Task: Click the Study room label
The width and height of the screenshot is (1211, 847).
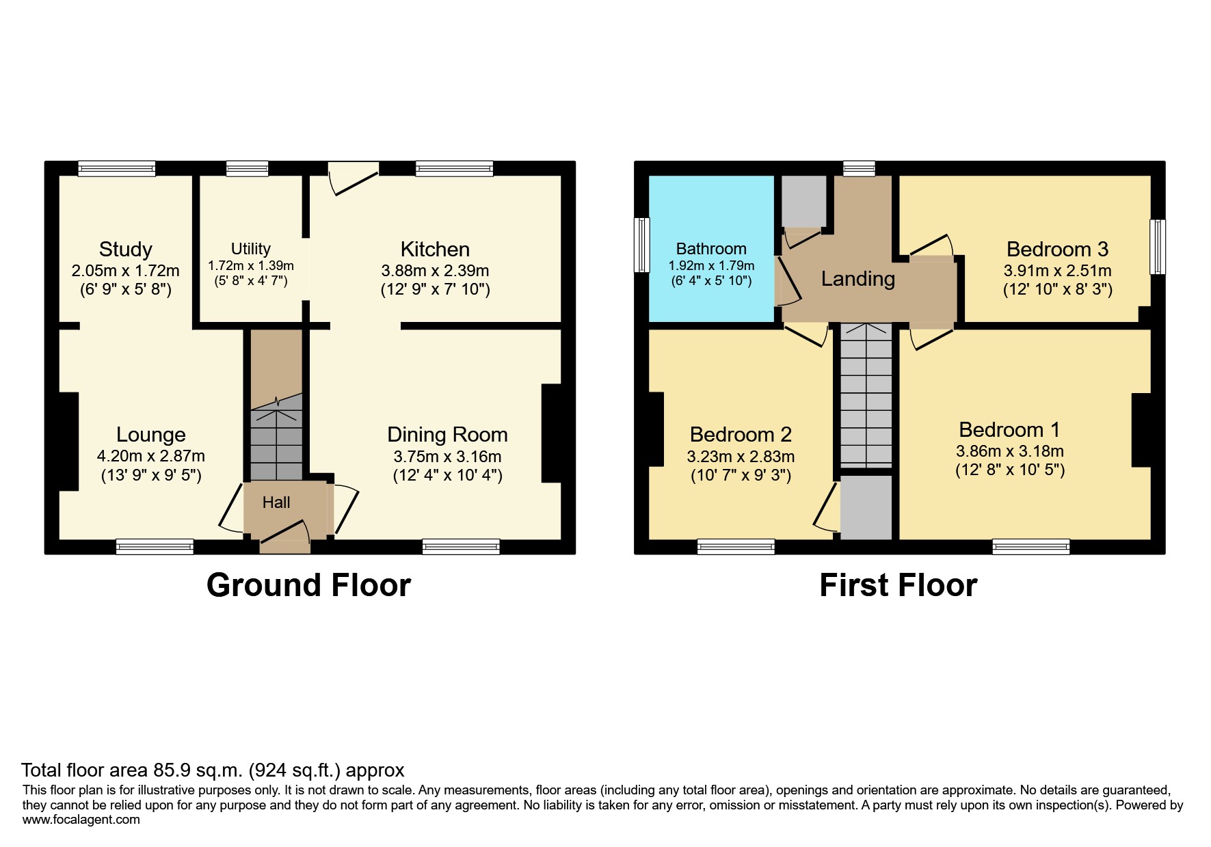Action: pyautogui.click(x=125, y=250)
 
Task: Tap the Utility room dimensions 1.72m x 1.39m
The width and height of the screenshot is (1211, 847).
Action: pyautogui.click(x=251, y=265)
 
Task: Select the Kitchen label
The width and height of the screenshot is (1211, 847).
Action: pyautogui.click(x=435, y=250)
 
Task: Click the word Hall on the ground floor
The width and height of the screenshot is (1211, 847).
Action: pyautogui.click(x=276, y=502)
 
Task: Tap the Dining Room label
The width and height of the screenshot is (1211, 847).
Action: pyautogui.click(x=447, y=435)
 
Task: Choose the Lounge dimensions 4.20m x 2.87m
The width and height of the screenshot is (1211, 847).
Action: pyautogui.click(x=151, y=456)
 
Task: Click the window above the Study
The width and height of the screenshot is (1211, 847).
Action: pyautogui.click(x=116, y=168)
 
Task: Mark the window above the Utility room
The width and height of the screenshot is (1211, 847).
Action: pyautogui.click(x=247, y=168)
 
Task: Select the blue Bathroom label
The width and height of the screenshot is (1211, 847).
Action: pyautogui.click(x=711, y=249)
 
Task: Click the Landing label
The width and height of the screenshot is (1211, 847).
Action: pyautogui.click(x=857, y=279)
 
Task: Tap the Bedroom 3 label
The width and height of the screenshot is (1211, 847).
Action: pyautogui.click(x=1057, y=250)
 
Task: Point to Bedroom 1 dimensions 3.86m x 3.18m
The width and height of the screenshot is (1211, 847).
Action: pyautogui.click(x=1009, y=451)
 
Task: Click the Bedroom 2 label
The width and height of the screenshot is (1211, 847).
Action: pyautogui.click(x=741, y=435)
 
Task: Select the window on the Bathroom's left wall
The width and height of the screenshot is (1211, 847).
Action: pyautogui.click(x=641, y=245)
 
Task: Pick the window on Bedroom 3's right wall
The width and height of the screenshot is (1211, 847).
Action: pyautogui.click(x=1158, y=247)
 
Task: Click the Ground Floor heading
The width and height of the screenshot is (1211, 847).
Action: pyautogui.click(x=308, y=586)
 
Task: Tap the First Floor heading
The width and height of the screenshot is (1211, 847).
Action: pyautogui.click(x=898, y=586)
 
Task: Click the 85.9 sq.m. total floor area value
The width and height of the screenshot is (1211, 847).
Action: pyautogui.click(x=198, y=770)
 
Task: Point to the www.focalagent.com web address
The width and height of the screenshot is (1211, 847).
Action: pyautogui.click(x=81, y=820)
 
